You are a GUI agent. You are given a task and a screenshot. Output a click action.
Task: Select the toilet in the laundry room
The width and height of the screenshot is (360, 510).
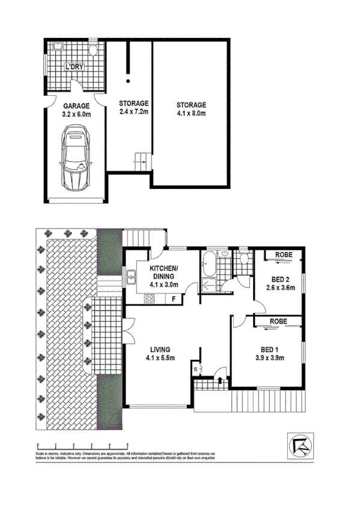94,50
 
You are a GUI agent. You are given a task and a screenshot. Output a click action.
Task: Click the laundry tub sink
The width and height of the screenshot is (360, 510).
58,48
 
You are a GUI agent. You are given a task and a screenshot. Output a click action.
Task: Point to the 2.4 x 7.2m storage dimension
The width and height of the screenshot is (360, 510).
133,112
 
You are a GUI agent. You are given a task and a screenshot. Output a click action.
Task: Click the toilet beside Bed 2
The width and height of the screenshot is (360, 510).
243,260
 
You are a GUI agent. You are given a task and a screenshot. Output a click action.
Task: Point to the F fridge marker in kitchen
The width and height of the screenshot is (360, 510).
173,298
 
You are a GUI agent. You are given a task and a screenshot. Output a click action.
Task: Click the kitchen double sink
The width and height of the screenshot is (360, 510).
131,277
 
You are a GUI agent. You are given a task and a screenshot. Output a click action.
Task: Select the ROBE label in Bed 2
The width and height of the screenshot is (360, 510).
284,255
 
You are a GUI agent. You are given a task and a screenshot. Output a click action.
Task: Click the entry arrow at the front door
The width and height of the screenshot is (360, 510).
221,379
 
